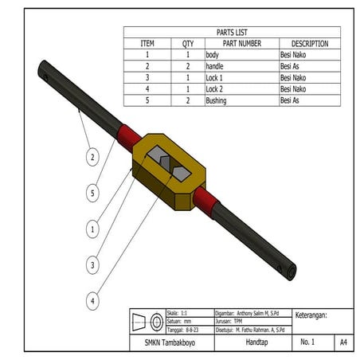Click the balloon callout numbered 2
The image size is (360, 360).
tap(92, 158)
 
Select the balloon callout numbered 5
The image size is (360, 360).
tap(92, 193)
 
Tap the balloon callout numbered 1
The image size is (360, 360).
tap(92, 229)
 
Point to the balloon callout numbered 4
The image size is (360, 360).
tap(92, 301)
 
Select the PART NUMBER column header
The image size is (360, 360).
tap(241, 44)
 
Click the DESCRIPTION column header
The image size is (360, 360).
tap(309, 44)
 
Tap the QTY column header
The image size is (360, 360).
tap(188, 44)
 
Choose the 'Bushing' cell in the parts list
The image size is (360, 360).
tap(217, 100)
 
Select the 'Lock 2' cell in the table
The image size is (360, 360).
tap(216, 89)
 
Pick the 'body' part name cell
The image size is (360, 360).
tap(213, 55)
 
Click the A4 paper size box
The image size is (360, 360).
tap(343, 342)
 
